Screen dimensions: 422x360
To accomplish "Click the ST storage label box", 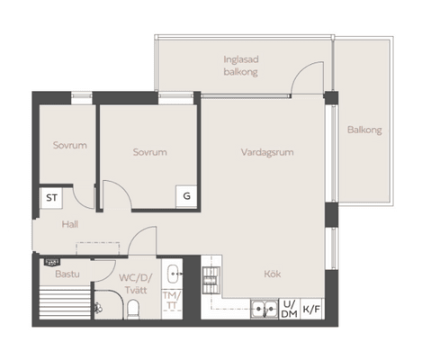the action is click(x=51, y=198).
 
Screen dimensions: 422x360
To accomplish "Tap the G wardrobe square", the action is click(x=186, y=196).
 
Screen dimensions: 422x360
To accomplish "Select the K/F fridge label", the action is click(x=311, y=309).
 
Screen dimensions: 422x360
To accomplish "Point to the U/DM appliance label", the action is click(x=290, y=309).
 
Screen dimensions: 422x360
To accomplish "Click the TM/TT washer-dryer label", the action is click(x=172, y=301).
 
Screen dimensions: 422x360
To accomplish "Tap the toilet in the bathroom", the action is click(x=133, y=310).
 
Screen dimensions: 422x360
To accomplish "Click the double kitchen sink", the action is click(x=265, y=309).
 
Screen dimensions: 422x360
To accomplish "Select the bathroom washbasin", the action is click(x=174, y=274).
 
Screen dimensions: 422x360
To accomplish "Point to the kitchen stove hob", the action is click(x=211, y=280).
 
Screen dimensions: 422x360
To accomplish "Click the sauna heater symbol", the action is click(x=52, y=263).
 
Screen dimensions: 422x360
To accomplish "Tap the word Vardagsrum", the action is click(x=267, y=152).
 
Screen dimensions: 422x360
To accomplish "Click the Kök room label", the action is click(x=273, y=274).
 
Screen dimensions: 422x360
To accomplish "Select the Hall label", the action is click(x=70, y=224).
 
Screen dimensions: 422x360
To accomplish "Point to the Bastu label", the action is click(x=67, y=274).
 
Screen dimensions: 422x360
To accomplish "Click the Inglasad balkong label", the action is click(x=241, y=66).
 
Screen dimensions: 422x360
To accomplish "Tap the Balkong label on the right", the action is click(x=364, y=130).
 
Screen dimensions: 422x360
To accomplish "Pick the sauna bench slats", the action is click(x=65, y=302).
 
